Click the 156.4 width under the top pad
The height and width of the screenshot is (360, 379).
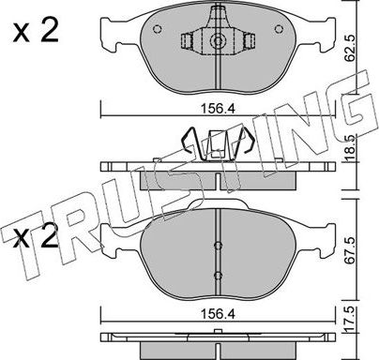(218, 109)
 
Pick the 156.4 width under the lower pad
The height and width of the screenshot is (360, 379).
(218, 314)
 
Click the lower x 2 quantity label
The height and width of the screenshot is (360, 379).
(36, 237)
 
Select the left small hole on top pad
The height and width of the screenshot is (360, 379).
(158, 29)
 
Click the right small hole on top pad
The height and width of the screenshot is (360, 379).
(279, 29)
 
